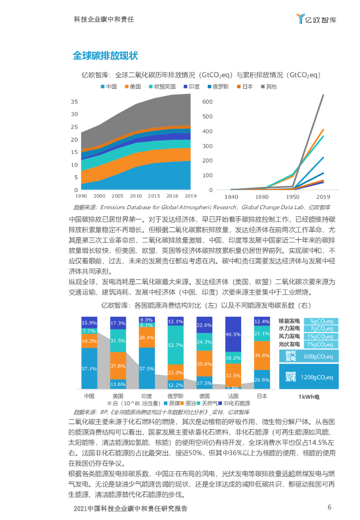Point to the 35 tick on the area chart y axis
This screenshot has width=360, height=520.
tap(74, 102)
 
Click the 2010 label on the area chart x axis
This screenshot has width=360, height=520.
tap(136, 196)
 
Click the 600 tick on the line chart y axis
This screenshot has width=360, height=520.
tap(207, 102)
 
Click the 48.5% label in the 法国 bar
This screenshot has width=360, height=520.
tap(233, 334)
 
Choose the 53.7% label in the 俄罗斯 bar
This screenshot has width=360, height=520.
tap(176, 345)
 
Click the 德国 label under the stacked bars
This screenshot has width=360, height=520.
tap(205, 396)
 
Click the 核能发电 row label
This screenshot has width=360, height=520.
tap(289, 321)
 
